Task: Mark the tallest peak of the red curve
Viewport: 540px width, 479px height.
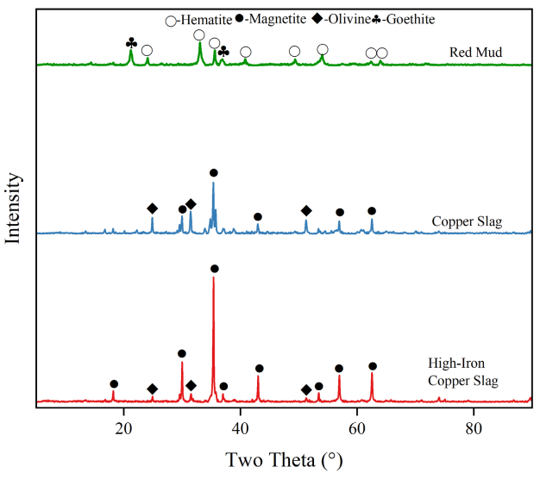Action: point(214,278)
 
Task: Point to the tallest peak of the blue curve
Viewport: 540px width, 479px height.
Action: point(214,184)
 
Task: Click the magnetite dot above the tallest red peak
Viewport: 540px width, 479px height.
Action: point(215,269)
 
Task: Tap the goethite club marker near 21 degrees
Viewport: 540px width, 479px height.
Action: point(131,42)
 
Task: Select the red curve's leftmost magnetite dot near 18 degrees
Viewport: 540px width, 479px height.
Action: point(114,384)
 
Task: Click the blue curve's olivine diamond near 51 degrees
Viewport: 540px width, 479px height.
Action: point(306,211)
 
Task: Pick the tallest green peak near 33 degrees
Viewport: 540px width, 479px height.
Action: point(200,43)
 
